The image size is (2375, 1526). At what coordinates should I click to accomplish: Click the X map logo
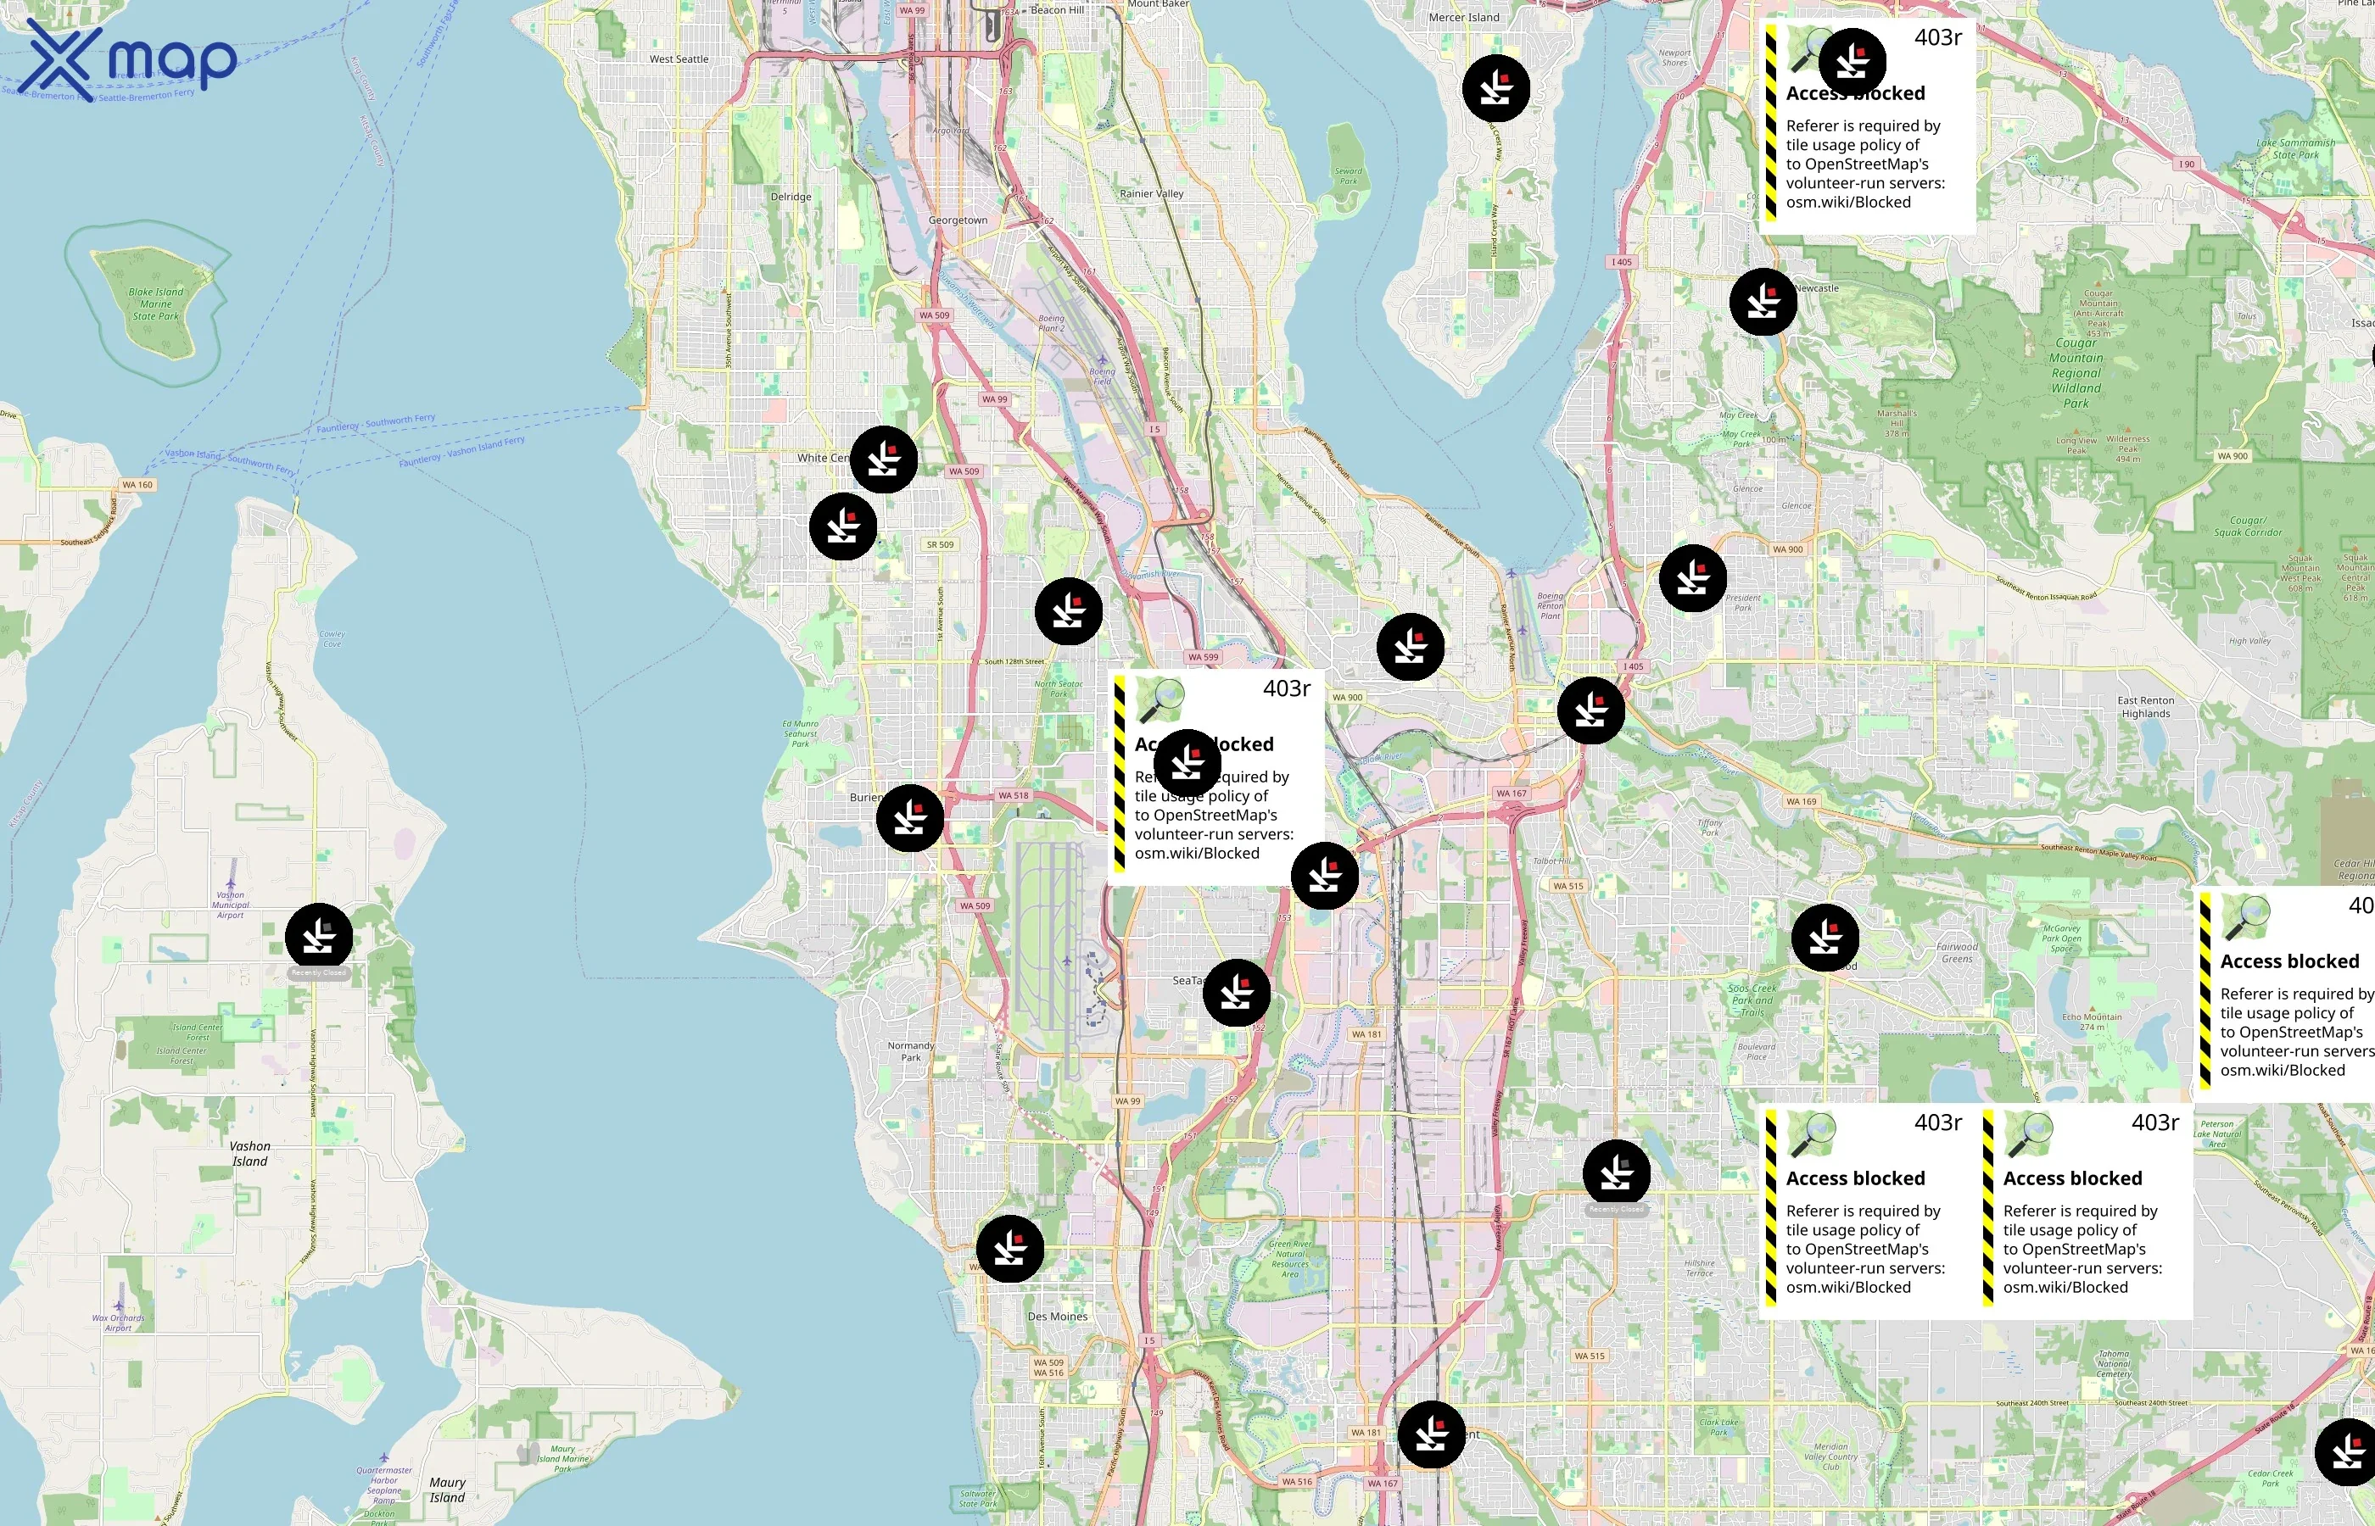click(x=129, y=59)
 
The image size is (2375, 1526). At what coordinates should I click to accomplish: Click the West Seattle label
click(x=679, y=59)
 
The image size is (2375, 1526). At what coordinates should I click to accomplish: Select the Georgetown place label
click(x=958, y=220)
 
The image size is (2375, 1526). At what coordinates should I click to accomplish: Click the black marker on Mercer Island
click(x=1495, y=89)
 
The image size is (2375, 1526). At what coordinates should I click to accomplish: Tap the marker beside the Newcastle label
click(x=1763, y=302)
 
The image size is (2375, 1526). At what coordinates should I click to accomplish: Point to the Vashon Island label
click(x=249, y=1154)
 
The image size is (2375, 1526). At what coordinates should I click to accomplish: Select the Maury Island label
click(x=447, y=1490)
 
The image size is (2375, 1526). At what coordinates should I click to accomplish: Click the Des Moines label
click(x=1057, y=1316)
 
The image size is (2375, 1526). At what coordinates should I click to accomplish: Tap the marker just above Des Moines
click(x=1009, y=1249)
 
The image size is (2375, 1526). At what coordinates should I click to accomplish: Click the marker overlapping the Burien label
click(x=909, y=818)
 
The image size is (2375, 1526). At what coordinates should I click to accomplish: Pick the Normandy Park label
click(x=910, y=1051)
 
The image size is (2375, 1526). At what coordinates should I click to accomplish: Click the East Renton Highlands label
click(x=2145, y=706)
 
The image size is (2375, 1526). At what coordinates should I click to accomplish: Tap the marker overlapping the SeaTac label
click(x=1236, y=992)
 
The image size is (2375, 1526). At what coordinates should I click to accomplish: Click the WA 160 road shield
click(x=137, y=485)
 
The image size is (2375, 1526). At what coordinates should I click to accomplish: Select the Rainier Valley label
click(x=1151, y=193)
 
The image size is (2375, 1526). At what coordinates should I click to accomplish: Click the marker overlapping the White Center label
click(x=883, y=459)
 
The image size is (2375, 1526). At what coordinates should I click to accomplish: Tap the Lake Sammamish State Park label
click(x=2296, y=148)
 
